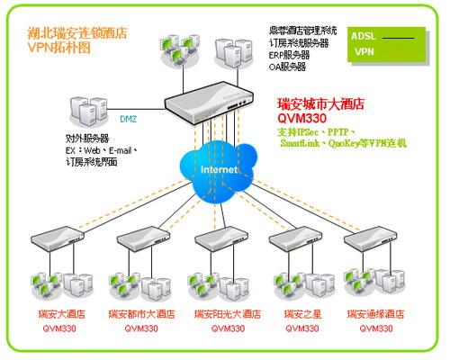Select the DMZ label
(129, 118)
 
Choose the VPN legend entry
(364, 52)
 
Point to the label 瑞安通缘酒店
(375, 314)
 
